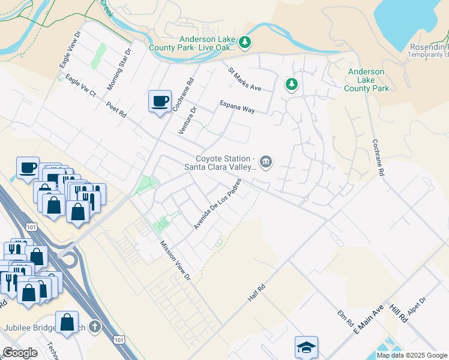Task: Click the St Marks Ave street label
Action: (244, 79)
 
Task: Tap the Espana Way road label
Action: (237, 106)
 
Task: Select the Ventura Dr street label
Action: (188, 120)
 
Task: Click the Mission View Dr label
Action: (175, 262)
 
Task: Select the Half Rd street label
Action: (256, 293)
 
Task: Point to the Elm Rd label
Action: (345, 318)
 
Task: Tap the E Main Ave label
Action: (368, 319)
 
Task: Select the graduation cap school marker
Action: (306, 347)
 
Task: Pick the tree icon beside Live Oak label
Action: (244, 42)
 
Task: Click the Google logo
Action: (20, 353)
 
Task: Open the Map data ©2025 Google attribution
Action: (412, 355)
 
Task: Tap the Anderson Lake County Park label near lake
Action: (366, 80)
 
